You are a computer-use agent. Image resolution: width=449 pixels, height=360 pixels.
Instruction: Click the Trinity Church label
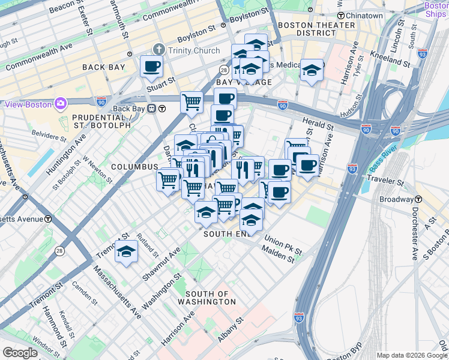pyautogui.click(x=193, y=50)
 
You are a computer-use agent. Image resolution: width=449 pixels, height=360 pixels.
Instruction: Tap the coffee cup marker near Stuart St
pyautogui.click(x=151, y=66)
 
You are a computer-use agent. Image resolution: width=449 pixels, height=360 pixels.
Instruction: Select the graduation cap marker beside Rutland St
pyautogui.click(x=127, y=252)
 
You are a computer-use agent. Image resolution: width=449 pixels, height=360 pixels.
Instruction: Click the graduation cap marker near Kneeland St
pyautogui.click(x=312, y=70)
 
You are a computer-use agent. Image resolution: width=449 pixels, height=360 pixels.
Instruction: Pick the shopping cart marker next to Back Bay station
pyautogui.click(x=191, y=102)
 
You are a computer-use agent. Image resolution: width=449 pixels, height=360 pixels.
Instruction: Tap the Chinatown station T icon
pyautogui.click(x=340, y=16)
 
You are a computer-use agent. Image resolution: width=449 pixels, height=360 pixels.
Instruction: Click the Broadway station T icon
pyautogui.click(x=418, y=199)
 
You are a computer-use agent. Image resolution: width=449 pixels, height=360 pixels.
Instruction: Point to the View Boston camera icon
pyautogui.click(x=61, y=104)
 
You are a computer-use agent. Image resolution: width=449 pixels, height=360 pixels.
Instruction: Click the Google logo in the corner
pyautogui.click(x=20, y=353)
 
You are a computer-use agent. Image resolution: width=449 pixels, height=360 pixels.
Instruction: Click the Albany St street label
pyautogui.click(x=229, y=330)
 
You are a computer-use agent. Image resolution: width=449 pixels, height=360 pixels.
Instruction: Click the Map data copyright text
pyautogui.click(x=411, y=355)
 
